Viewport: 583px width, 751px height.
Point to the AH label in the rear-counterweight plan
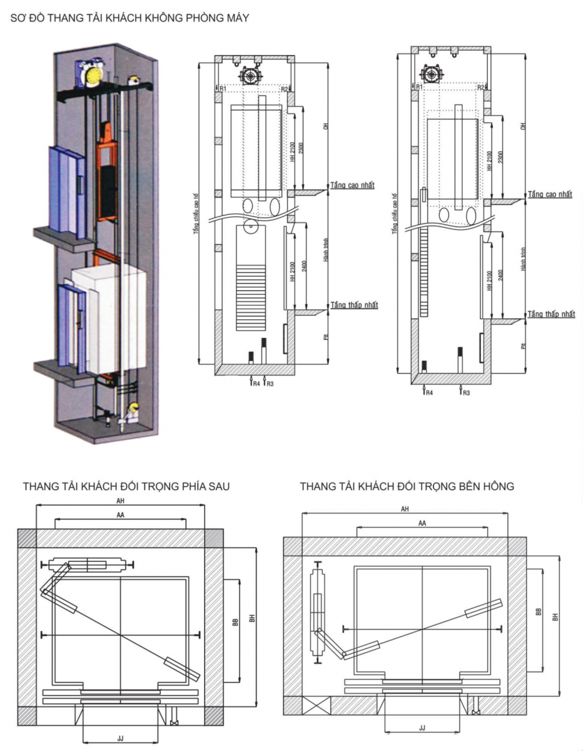click(120, 500)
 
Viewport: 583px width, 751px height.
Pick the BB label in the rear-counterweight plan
click(235, 621)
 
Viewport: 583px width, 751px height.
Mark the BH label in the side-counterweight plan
click(555, 617)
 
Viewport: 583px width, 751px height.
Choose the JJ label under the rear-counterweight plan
click(120, 738)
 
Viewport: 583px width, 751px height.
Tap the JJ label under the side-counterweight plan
click(422, 728)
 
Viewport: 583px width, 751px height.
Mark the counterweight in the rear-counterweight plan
click(88, 565)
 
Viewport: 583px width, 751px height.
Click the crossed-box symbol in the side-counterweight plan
click(311, 706)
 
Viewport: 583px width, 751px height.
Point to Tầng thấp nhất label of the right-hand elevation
click(550, 314)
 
